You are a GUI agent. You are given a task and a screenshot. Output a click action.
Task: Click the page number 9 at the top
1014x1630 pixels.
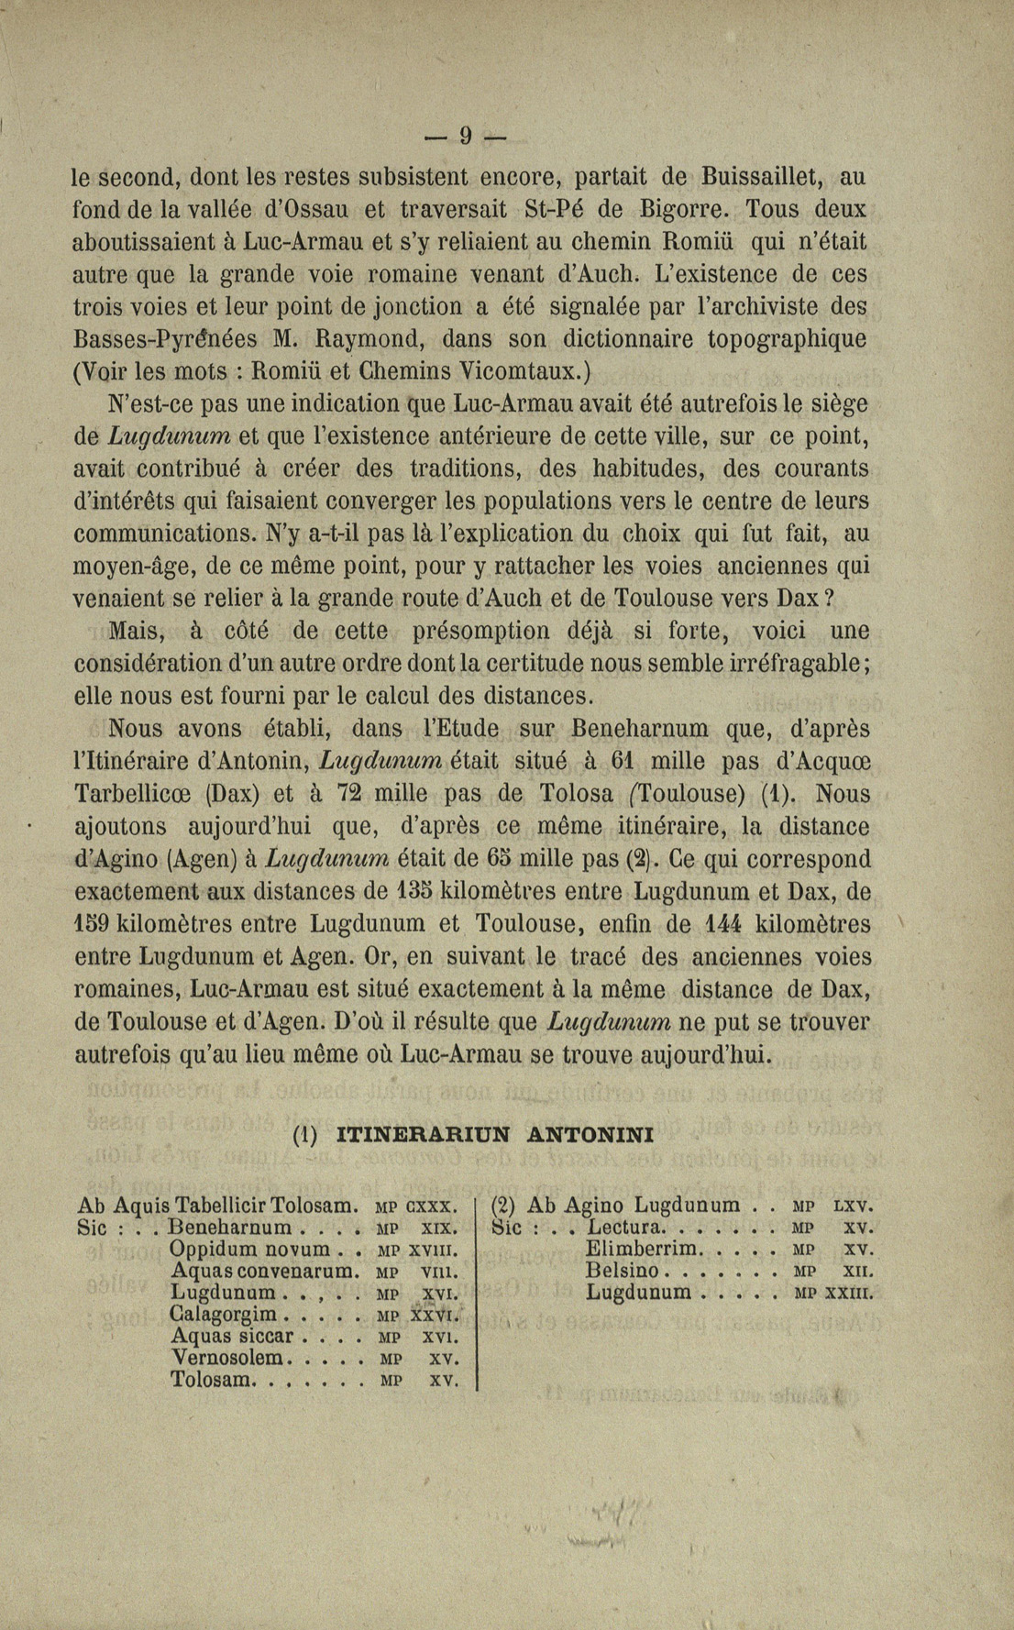click(x=465, y=137)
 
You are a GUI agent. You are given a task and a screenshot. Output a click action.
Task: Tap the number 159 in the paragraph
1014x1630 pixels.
click(x=92, y=924)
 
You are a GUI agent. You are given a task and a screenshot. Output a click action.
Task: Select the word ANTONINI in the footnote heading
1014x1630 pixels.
click(x=591, y=1135)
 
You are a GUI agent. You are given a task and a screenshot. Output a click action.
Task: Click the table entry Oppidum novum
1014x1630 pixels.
click(x=250, y=1250)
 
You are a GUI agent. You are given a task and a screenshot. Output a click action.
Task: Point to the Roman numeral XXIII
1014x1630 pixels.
click(x=849, y=1294)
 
